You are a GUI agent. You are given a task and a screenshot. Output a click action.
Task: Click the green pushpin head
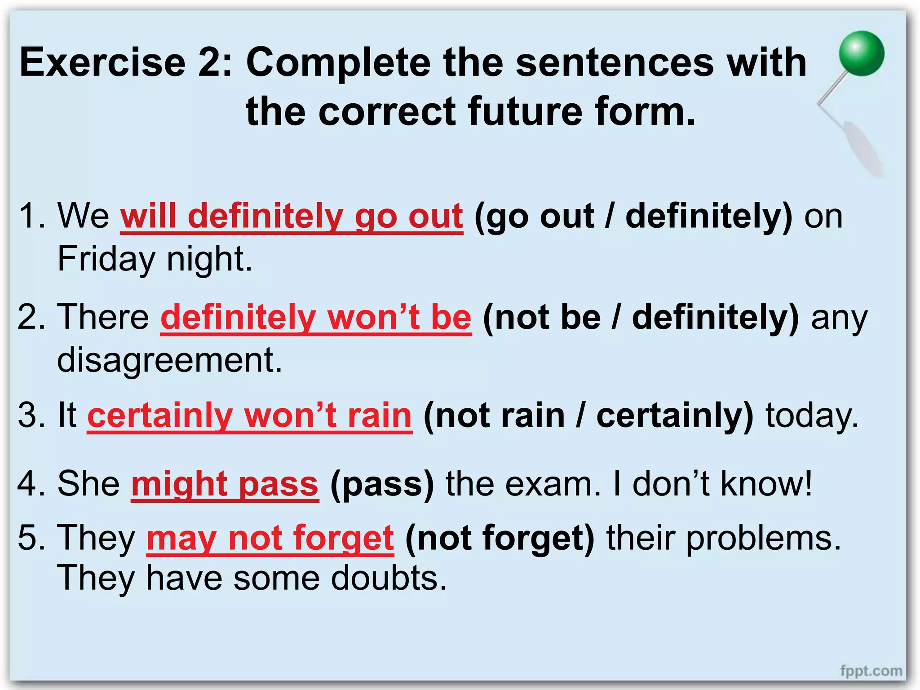point(861,53)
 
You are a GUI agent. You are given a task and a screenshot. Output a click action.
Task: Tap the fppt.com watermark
point(871,671)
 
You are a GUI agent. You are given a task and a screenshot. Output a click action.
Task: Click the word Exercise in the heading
point(102,62)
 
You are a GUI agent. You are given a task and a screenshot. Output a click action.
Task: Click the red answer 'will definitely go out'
point(292,217)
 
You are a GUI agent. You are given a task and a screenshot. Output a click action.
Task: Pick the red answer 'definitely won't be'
point(316,317)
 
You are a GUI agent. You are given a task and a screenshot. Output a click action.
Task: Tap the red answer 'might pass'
point(225,484)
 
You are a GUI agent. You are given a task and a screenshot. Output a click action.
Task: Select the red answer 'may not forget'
point(270,538)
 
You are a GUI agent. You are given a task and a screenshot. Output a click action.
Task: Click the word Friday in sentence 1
point(106,259)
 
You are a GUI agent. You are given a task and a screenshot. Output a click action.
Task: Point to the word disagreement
point(169,360)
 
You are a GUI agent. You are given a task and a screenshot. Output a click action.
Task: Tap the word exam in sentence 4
point(553,484)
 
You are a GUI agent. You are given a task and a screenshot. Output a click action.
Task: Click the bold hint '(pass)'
point(382,484)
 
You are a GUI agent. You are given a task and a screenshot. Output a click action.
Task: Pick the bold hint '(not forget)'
point(500,538)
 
